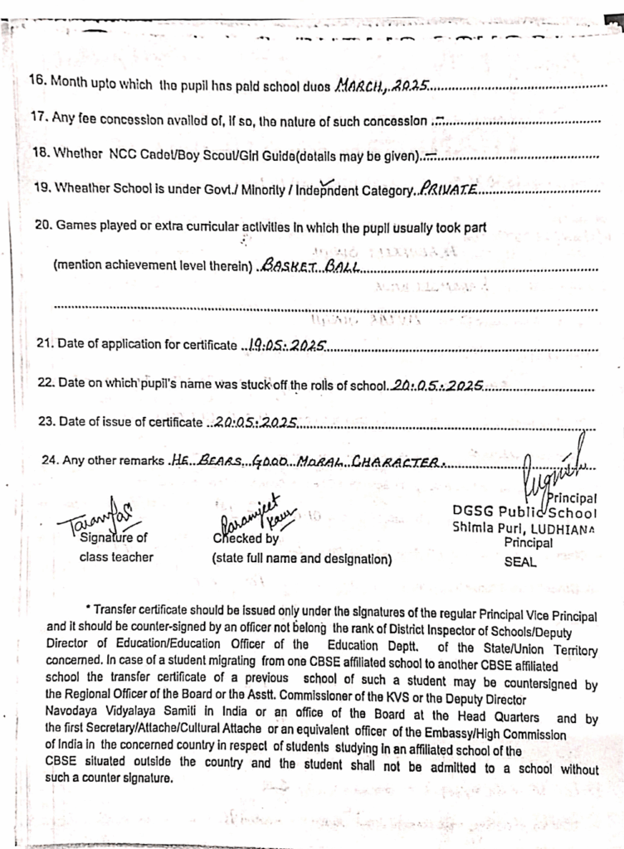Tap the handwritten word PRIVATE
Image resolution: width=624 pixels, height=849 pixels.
point(448,190)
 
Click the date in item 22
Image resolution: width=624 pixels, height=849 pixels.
point(438,386)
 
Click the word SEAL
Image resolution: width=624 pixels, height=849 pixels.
point(520,561)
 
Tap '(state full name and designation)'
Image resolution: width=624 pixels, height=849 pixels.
point(301,559)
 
